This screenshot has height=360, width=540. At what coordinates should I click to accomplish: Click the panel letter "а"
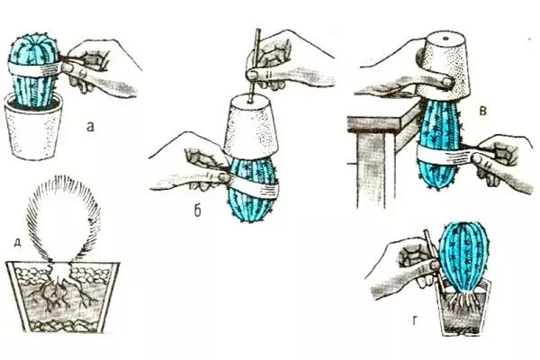[x=90, y=127]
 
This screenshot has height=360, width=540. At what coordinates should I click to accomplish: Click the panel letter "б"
[x=197, y=211]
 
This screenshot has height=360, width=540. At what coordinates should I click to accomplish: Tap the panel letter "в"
[x=483, y=111]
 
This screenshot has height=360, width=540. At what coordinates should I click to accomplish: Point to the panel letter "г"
[x=416, y=321]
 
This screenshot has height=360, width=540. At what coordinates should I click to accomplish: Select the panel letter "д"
[x=17, y=243]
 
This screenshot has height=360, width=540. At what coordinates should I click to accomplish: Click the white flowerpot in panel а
[x=33, y=128]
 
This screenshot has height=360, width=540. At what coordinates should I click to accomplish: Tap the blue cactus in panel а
[x=34, y=69]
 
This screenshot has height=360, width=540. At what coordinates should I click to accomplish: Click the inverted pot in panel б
[x=250, y=126]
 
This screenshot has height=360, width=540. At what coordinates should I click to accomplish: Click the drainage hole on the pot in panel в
[x=445, y=38]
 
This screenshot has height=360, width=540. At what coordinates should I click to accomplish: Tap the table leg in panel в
[x=371, y=170]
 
